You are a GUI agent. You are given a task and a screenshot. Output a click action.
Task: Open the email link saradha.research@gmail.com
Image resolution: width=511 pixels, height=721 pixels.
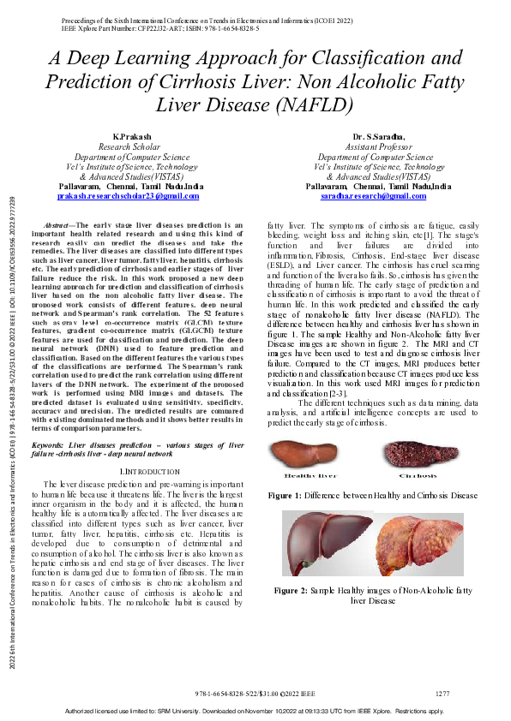pos(374,196)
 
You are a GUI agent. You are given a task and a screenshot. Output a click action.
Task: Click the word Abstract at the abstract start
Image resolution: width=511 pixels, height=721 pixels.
pos(57,224)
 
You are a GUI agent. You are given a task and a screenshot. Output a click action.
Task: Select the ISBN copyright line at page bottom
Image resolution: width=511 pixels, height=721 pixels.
pos(255,693)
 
